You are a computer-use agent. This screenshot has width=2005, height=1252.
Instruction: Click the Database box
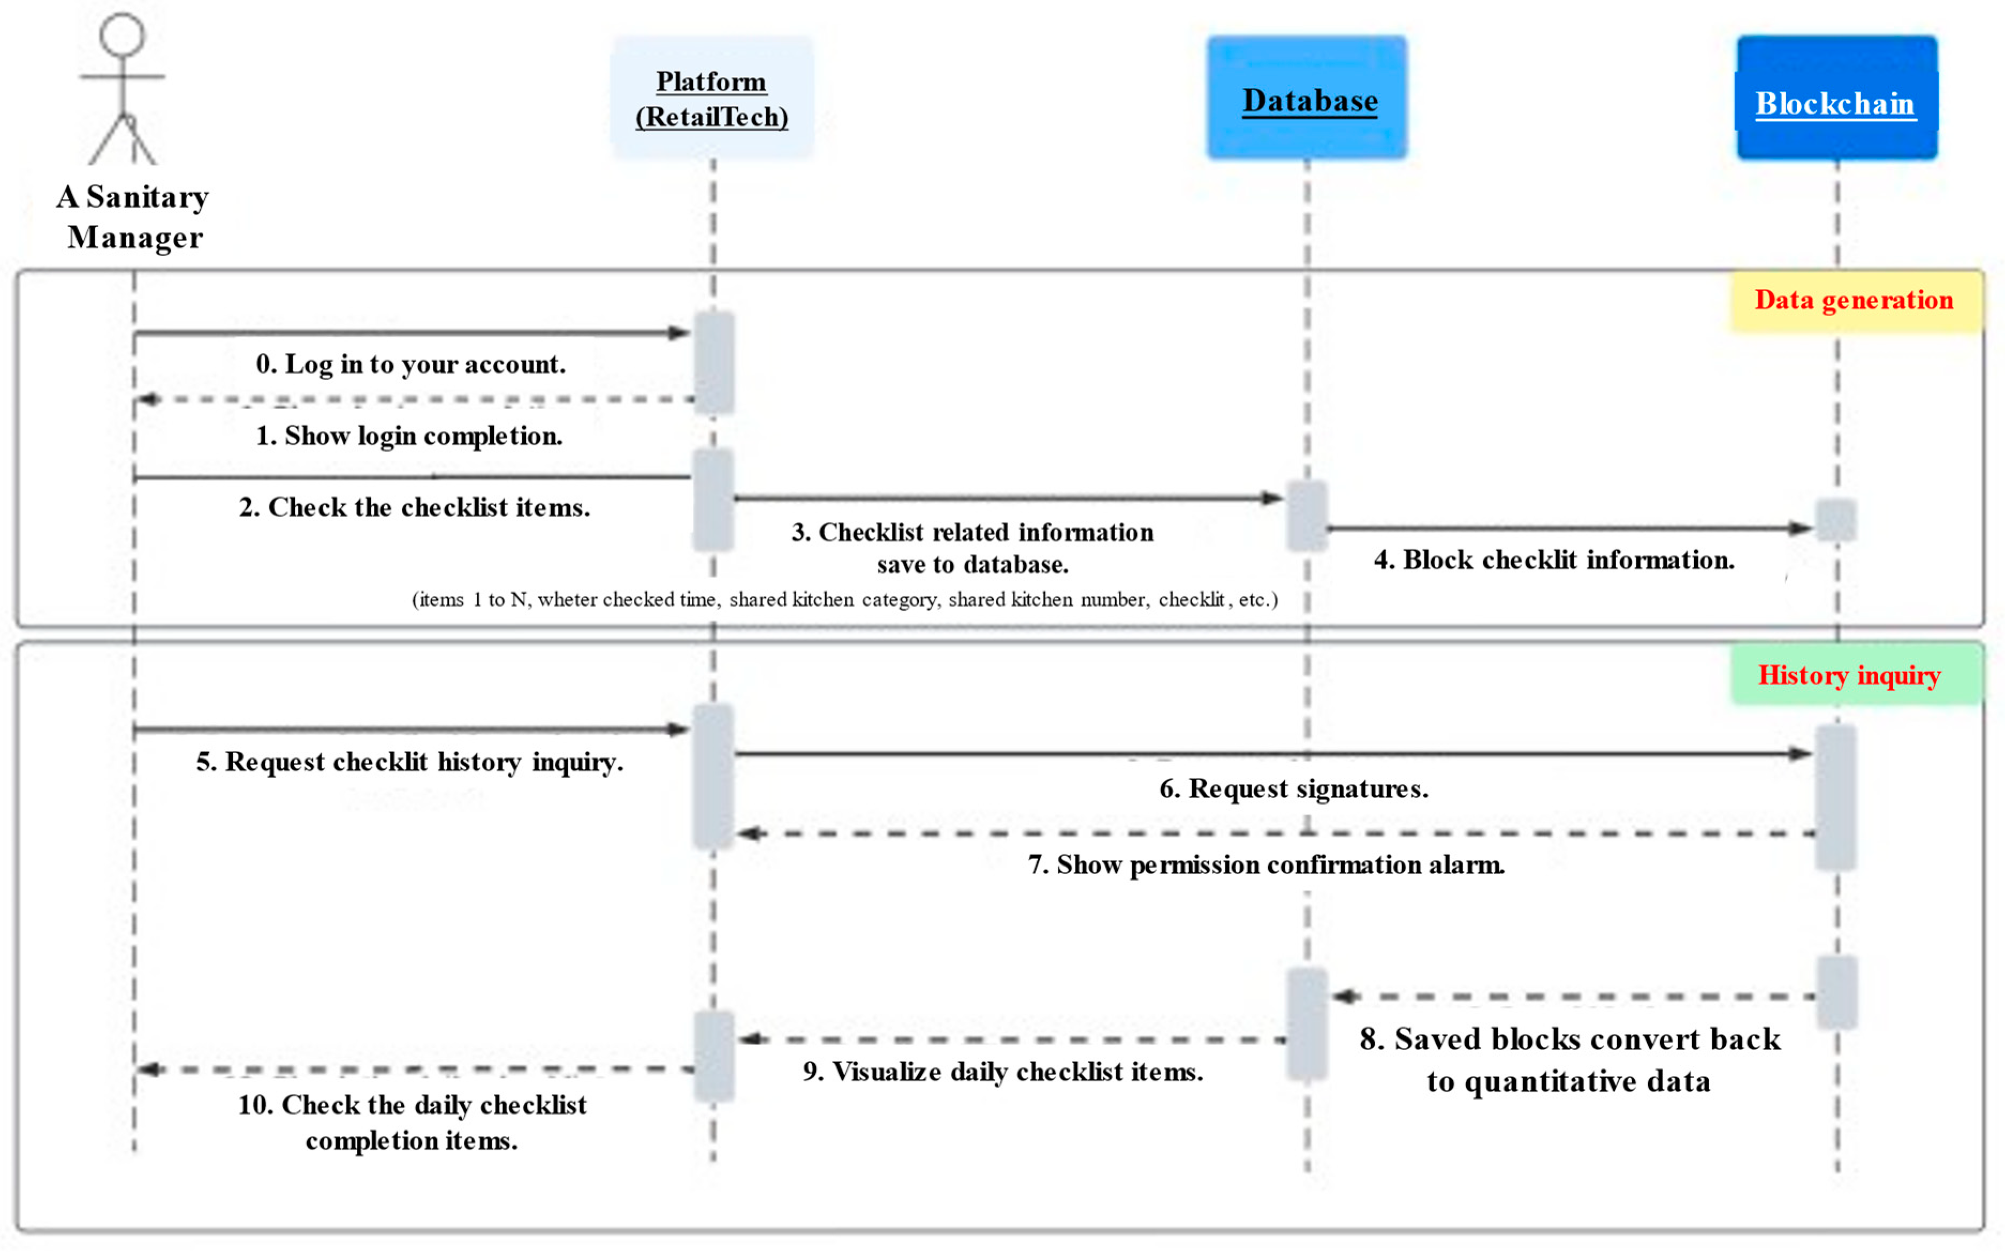click(1306, 98)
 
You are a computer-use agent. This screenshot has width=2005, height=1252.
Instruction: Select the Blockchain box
click(1836, 98)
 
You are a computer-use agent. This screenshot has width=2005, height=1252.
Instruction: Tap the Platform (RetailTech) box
click(712, 98)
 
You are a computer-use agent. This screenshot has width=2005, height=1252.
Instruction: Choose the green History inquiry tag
click(1854, 676)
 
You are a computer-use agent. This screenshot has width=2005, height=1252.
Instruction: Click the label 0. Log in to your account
click(410, 365)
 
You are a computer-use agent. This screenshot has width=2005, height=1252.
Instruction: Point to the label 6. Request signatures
click(1294, 788)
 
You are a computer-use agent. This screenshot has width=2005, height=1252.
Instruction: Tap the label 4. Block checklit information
click(1554, 560)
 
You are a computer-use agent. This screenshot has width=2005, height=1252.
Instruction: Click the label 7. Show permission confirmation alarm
click(1265, 864)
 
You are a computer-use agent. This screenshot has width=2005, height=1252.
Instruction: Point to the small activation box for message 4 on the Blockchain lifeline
click(1835, 520)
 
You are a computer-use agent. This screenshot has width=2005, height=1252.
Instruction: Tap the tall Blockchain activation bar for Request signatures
click(1835, 796)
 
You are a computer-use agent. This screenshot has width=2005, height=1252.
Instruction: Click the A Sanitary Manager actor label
click(133, 217)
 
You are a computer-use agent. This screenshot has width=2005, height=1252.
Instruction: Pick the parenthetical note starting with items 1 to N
click(844, 600)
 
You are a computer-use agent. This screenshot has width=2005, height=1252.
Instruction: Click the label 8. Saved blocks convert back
click(1569, 1060)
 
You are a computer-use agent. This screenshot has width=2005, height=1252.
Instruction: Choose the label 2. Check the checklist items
click(415, 507)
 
